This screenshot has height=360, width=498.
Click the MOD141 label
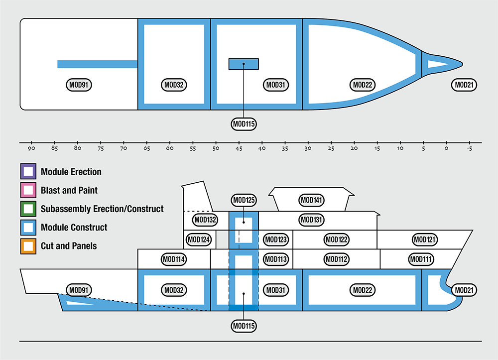point(312,200)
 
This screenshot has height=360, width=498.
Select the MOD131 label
point(312,220)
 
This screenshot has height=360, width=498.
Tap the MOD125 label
point(244,200)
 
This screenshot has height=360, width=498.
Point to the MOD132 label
point(205,220)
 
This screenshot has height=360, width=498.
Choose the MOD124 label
point(199,240)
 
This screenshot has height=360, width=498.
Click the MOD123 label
point(275,240)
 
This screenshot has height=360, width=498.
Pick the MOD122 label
point(336,240)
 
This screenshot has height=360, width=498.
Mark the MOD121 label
point(425,240)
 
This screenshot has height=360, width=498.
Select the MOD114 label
point(174,259)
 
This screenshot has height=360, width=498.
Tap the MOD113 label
point(275,259)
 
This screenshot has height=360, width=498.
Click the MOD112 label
point(336,259)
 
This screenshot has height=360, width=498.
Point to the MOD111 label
point(421,259)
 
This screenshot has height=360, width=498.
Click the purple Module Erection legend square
point(28,172)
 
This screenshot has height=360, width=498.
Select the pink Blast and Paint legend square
point(28,190)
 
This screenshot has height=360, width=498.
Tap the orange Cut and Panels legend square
point(28,246)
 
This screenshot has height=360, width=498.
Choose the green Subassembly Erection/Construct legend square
point(28,209)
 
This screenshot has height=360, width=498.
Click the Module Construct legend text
point(74,228)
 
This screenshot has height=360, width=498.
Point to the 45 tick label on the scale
point(239,148)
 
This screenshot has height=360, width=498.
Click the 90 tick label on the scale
point(31,148)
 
